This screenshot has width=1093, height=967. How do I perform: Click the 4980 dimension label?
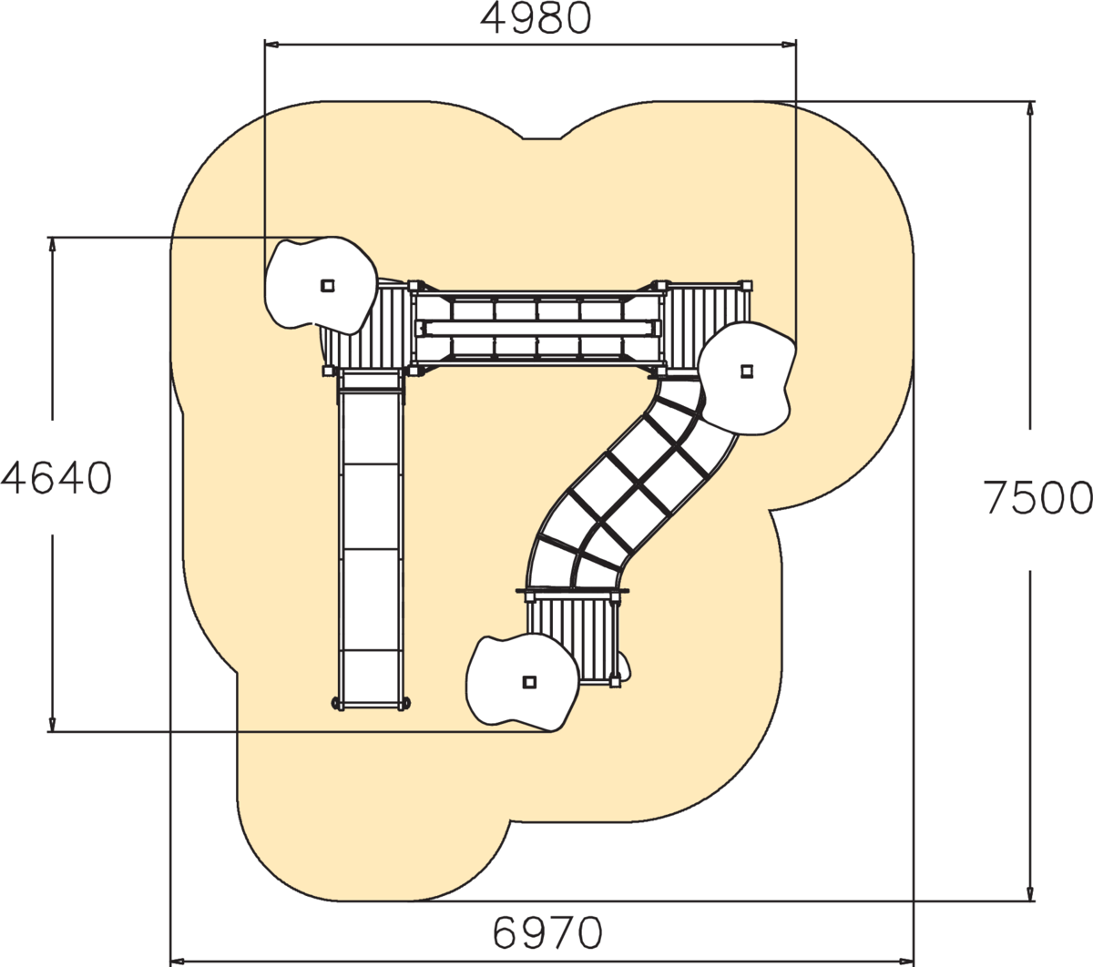pyautogui.click(x=536, y=19)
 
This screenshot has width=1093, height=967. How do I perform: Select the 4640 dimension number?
pyautogui.click(x=56, y=478)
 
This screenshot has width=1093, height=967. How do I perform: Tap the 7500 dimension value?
pyautogui.click(x=1038, y=498)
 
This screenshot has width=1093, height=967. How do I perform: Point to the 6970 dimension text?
pyautogui.click(x=547, y=932)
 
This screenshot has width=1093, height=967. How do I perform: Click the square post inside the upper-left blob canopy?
pyautogui.click(x=328, y=285)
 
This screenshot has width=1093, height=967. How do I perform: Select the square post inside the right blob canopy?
pyautogui.click(x=747, y=372)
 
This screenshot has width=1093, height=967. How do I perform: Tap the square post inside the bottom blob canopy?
pyautogui.click(x=530, y=682)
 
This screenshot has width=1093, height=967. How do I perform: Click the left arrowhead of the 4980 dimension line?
pyautogui.click(x=271, y=46)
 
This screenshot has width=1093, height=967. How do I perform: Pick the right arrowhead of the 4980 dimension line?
pyautogui.click(x=790, y=46)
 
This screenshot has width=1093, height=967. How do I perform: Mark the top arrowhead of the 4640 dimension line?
pyautogui.click(x=52, y=244)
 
